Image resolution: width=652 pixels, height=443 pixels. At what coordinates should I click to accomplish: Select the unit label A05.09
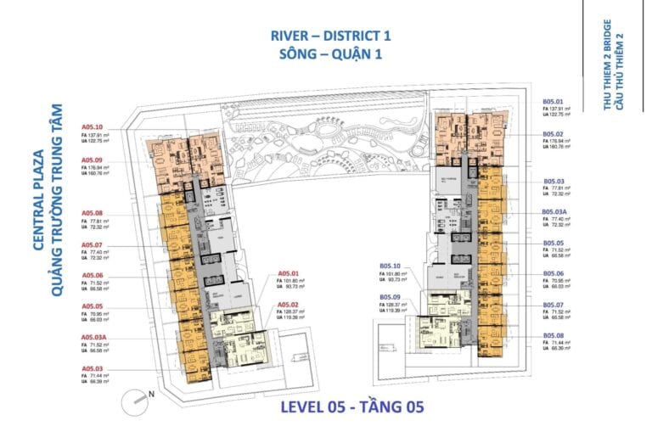pyautogui.click(x=92, y=160)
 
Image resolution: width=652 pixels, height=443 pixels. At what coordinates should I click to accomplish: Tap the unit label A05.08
pyautogui.click(x=92, y=212)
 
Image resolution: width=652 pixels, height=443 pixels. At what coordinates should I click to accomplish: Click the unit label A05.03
pyautogui.click(x=92, y=367)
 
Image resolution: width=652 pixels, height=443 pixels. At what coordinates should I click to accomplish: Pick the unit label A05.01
pyautogui.click(x=288, y=273)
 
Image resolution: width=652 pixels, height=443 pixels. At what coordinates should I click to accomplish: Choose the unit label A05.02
pyautogui.click(x=288, y=305)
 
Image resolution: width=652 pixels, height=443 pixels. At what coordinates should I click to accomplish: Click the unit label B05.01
pyautogui.click(x=554, y=102)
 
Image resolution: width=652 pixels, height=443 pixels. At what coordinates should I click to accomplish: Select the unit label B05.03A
pyautogui.click(x=556, y=211)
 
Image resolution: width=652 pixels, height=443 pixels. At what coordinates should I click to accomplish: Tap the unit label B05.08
pyautogui.click(x=554, y=336)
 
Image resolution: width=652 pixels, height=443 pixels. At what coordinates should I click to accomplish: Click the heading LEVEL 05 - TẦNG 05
pyautogui.click(x=351, y=407)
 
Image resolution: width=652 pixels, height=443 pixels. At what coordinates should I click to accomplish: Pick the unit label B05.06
pyautogui.click(x=554, y=273)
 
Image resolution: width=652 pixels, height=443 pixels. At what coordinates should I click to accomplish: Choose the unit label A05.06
pyautogui.click(x=92, y=275)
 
